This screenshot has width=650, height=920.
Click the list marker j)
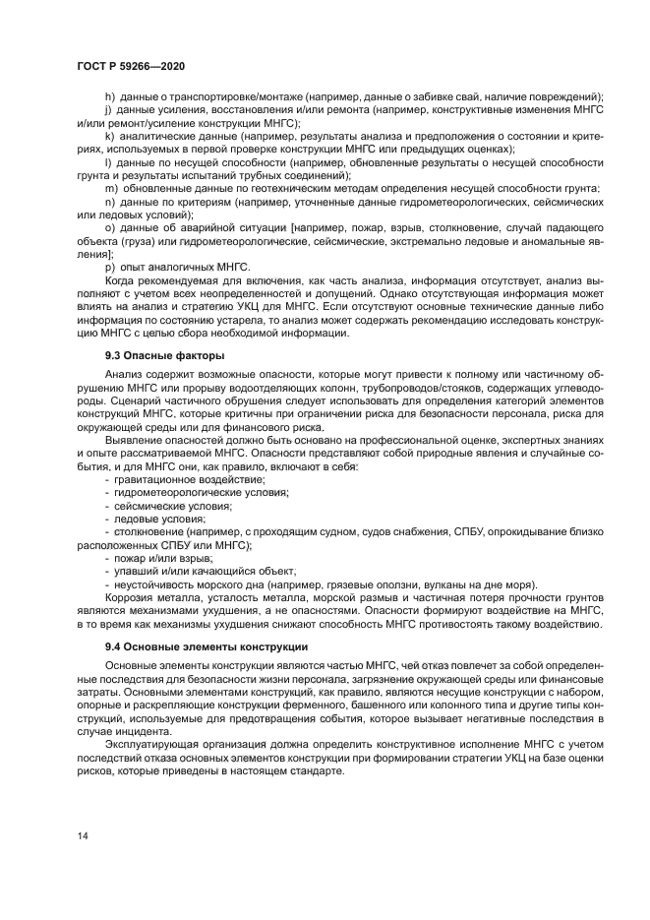(108, 110)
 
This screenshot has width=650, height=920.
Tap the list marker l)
(107, 161)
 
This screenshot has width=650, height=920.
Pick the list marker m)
(111, 188)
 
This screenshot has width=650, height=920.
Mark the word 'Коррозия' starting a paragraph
(129, 597)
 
